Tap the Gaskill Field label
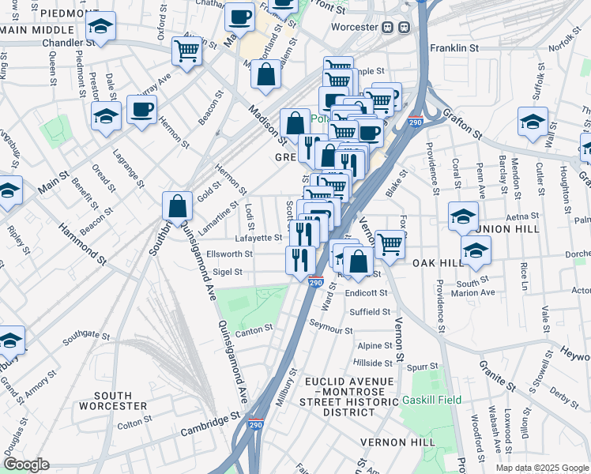pyautogui.click(x=431, y=401)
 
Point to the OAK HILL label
pyautogui.click(x=438, y=262)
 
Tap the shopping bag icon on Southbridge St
pyautogui.click(x=178, y=206)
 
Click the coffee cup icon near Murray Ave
pyautogui.click(x=141, y=110)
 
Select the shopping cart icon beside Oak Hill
pyautogui.click(x=390, y=244)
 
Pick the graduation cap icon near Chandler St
pyautogui.click(x=100, y=28)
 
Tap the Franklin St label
pyautogui.click(x=454, y=48)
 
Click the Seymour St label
pyautogui.click(x=331, y=327)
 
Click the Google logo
pyautogui.click(x=25, y=464)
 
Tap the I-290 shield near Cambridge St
pyautogui.click(x=257, y=423)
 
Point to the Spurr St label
pyautogui.click(x=423, y=367)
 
